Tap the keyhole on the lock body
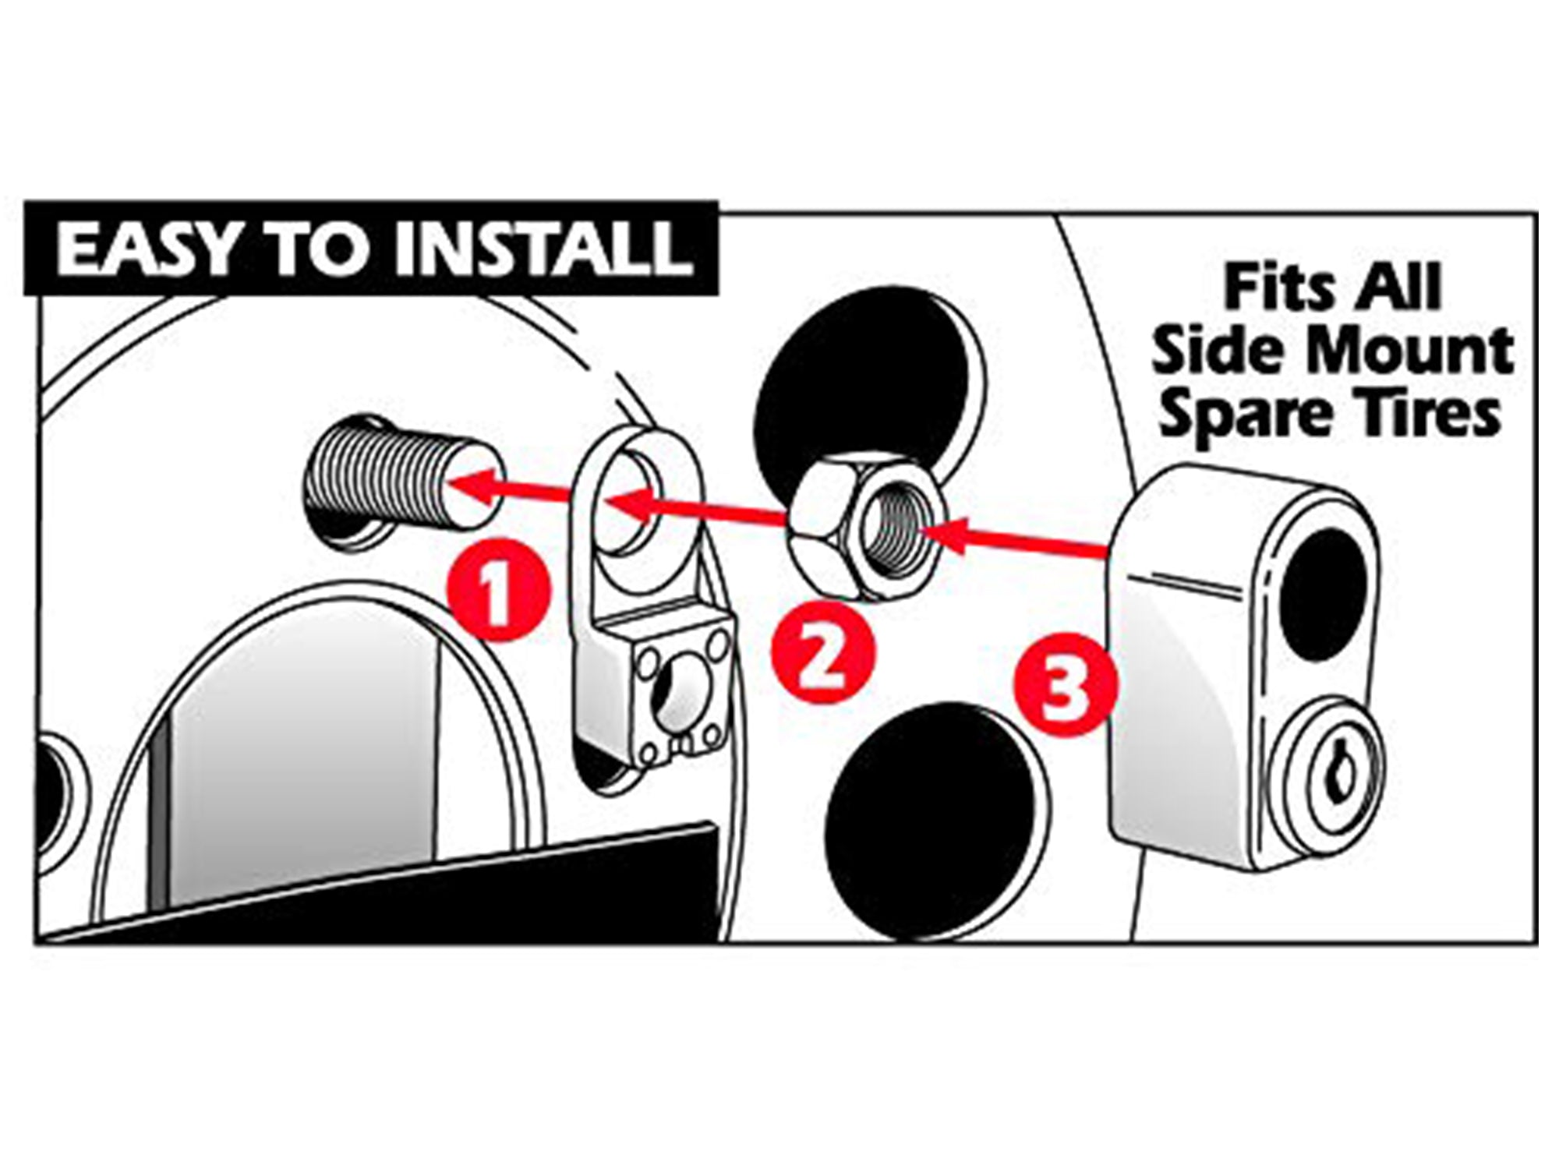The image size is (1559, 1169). [1339, 779]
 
